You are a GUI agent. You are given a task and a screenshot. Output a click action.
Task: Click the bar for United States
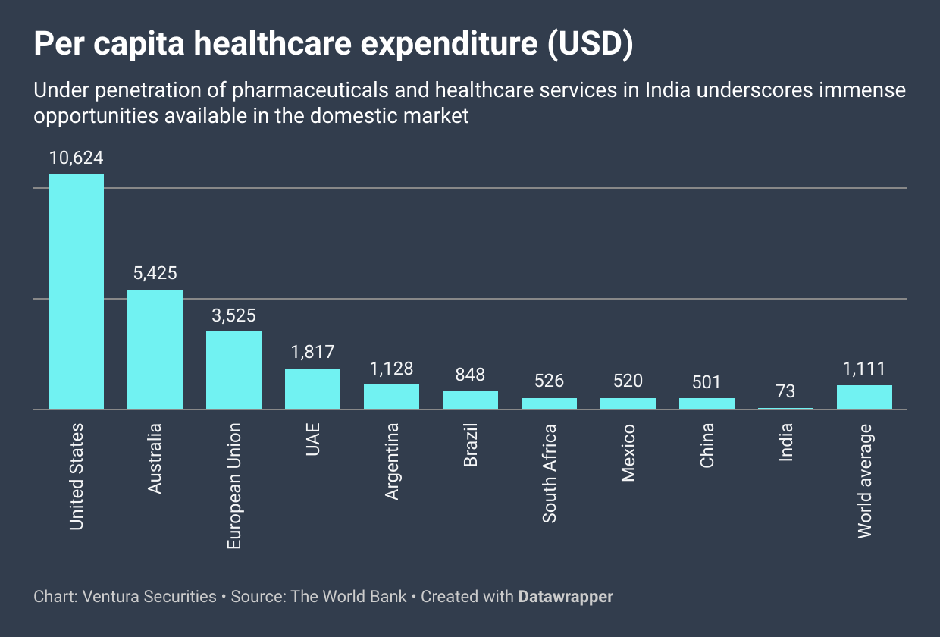(x=76, y=292)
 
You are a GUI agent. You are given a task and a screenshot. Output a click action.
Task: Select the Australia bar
(x=155, y=349)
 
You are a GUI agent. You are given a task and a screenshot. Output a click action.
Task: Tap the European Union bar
(x=233, y=370)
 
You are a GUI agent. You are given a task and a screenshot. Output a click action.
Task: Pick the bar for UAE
(x=312, y=389)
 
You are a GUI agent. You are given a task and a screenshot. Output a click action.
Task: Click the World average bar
(x=864, y=397)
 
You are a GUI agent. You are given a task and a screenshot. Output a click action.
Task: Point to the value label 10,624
(x=76, y=158)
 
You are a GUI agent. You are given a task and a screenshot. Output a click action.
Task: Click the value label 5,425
(x=155, y=273)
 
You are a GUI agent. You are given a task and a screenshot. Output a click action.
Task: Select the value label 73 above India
(x=785, y=391)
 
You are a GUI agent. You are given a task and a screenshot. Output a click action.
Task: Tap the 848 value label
(x=470, y=374)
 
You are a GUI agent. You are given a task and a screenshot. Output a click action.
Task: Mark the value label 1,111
(x=864, y=369)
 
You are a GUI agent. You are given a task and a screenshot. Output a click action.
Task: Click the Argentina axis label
(x=392, y=462)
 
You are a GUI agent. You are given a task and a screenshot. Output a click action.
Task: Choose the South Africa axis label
(x=550, y=473)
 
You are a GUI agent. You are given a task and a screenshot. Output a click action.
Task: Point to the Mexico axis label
(x=628, y=453)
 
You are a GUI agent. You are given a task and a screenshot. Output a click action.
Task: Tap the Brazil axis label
(x=471, y=445)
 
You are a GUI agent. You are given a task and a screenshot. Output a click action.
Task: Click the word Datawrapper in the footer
(x=566, y=597)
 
